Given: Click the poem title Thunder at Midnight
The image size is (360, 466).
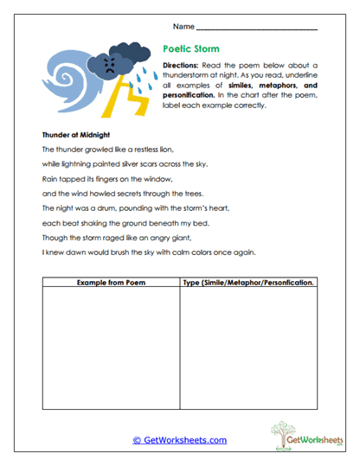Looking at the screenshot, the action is pos(75,135).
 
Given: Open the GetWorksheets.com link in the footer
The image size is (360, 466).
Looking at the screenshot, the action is pos(179,440).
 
